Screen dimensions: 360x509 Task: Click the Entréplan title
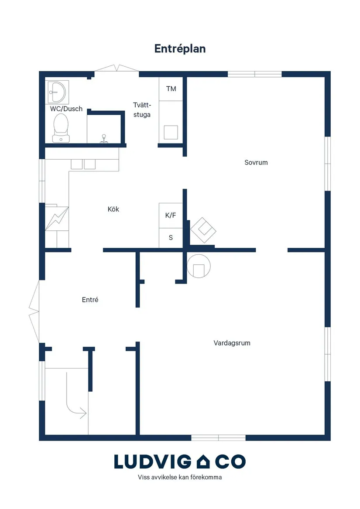(180, 49)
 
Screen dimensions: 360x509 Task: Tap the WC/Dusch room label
(66, 109)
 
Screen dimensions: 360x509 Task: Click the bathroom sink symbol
(57, 92)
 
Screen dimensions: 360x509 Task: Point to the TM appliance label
(171, 89)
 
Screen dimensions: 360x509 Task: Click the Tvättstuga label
(142, 110)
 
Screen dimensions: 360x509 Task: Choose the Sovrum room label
(256, 162)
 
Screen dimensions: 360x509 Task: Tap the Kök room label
(113, 209)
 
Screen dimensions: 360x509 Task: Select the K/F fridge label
(171, 215)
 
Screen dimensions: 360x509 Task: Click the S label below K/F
(171, 238)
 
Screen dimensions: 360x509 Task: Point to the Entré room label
(90, 300)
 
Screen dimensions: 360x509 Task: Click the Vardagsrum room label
(232, 343)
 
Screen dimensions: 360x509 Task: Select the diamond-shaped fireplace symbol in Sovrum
(203, 230)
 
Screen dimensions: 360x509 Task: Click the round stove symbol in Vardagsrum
(199, 266)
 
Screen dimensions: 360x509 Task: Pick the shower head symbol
(104, 139)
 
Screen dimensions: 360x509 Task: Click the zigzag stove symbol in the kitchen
(57, 219)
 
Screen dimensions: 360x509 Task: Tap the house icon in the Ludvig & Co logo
(203, 461)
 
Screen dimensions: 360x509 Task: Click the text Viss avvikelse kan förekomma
(180, 477)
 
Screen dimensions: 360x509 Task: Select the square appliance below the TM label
(171, 133)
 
